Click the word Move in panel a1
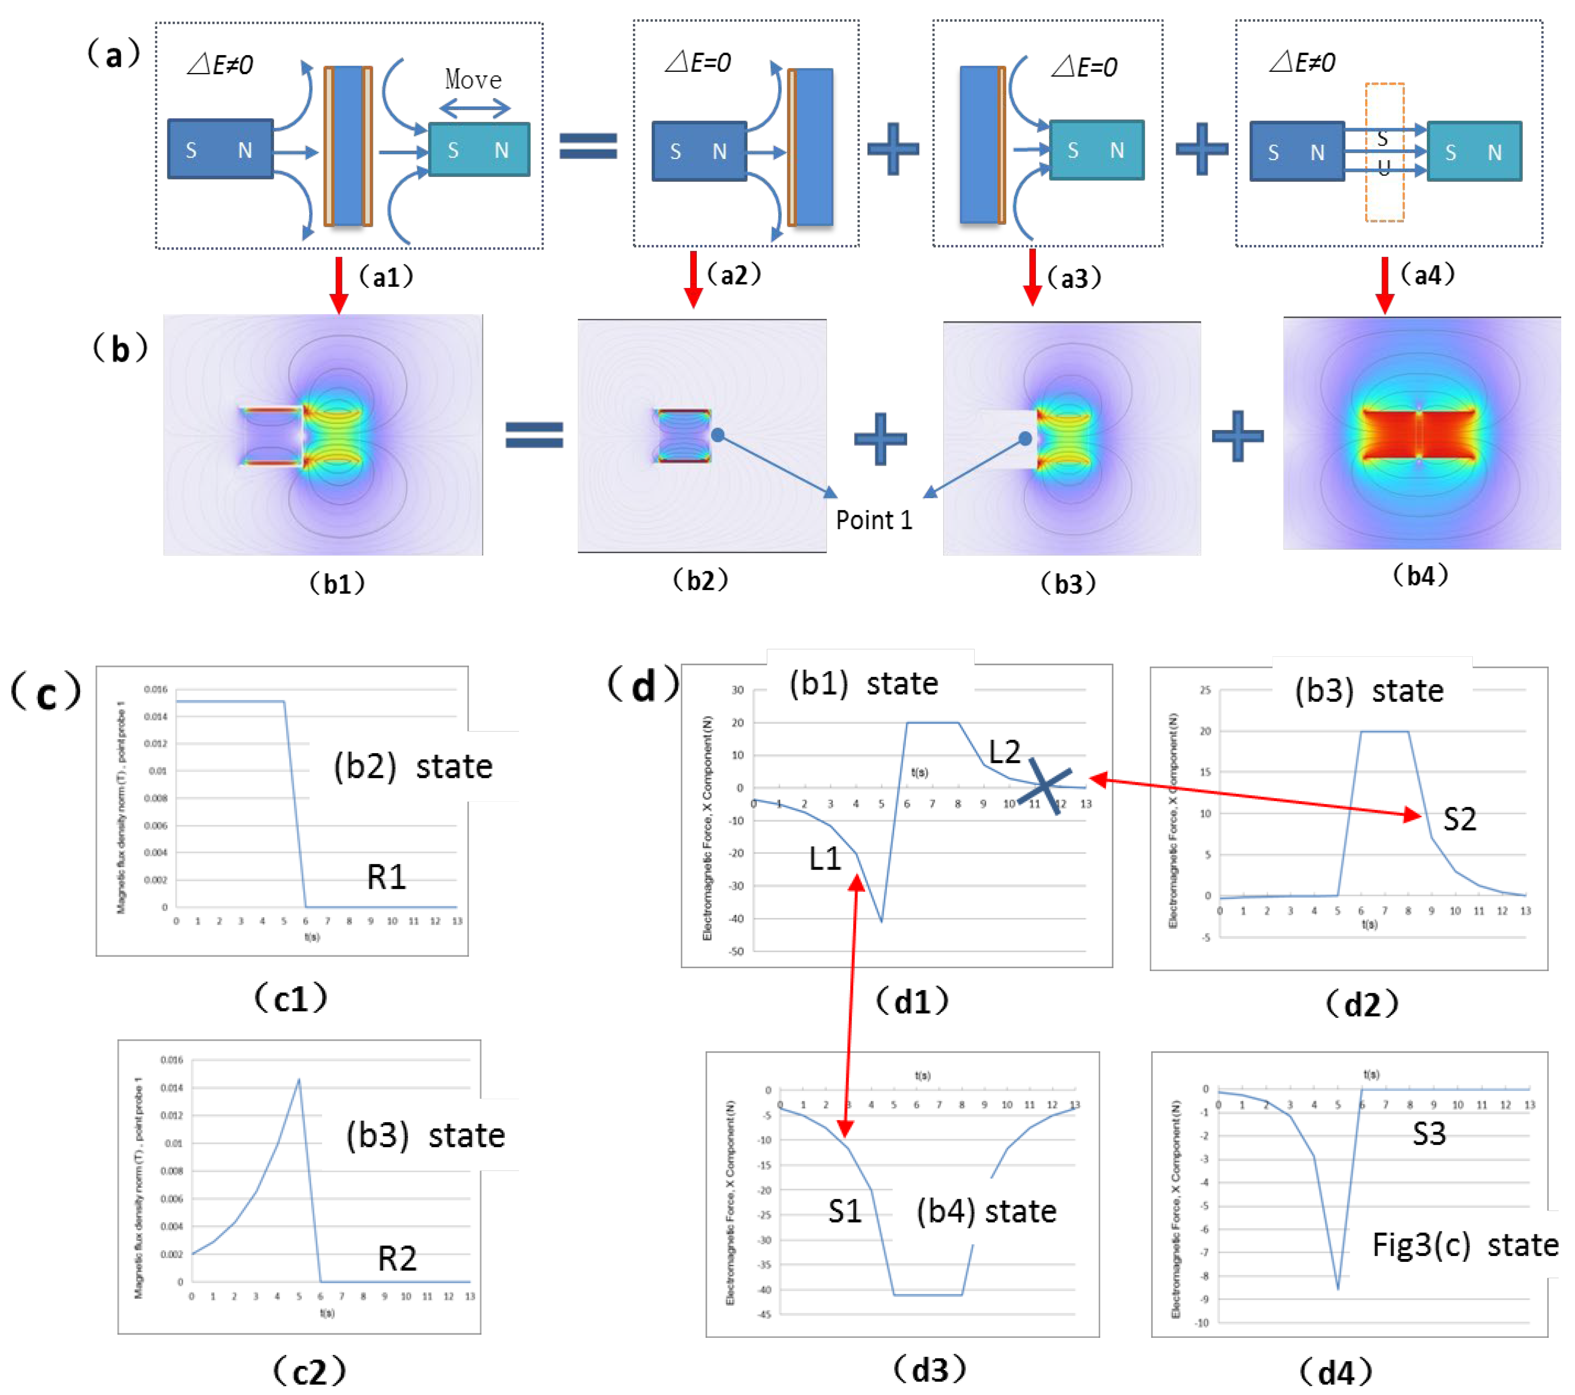click(473, 79)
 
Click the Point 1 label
click(874, 520)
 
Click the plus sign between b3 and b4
click(1237, 436)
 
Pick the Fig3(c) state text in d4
click(1464, 1245)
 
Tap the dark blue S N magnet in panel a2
click(699, 151)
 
